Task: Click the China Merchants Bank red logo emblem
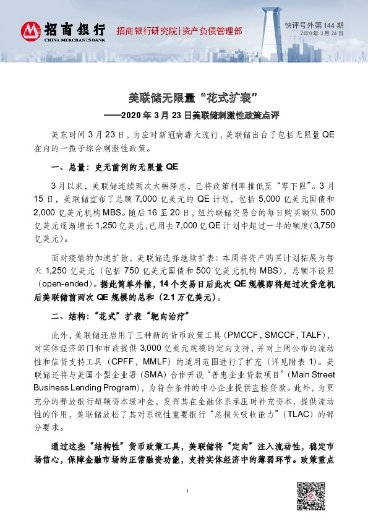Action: pyautogui.click(x=31, y=31)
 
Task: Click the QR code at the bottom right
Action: pyautogui.click(x=310, y=495)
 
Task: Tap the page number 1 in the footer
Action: pyautogui.click(x=186, y=508)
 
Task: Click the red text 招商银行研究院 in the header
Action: pyautogui.click(x=147, y=30)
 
